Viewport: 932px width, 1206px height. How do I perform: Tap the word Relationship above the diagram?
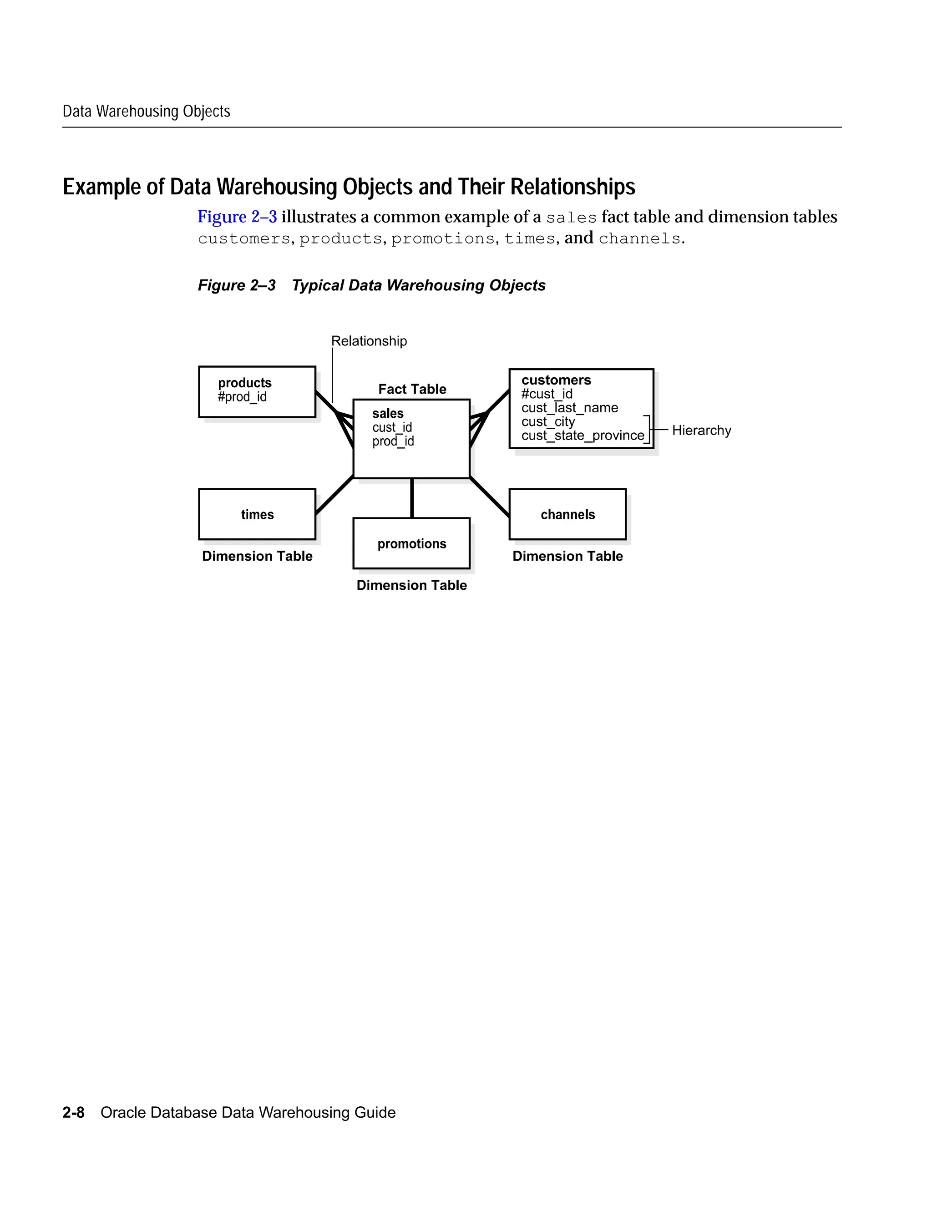click(x=369, y=341)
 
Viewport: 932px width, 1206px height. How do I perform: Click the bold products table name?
click(x=244, y=383)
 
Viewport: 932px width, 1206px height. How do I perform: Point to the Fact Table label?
click(x=412, y=389)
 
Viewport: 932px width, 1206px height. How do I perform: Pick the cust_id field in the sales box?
click(x=392, y=427)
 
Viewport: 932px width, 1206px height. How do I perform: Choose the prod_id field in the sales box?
click(x=393, y=441)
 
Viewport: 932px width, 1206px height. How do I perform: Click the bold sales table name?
click(x=388, y=414)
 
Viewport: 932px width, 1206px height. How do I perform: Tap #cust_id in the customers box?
click(x=547, y=394)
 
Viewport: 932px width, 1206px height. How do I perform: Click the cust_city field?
click(x=548, y=421)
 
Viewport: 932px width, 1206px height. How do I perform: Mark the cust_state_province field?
click(x=582, y=435)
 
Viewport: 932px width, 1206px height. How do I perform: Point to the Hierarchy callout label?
click(x=701, y=430)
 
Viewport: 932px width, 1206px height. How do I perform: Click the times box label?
click(x=257, y=515)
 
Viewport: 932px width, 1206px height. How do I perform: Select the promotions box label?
click(x=412, y=544)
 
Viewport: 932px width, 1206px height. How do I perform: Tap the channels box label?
click(x=567, y=515)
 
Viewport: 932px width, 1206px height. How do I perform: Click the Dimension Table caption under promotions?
click(x=412, y=585)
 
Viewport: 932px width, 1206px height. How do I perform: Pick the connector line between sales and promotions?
click(x=412, y=498)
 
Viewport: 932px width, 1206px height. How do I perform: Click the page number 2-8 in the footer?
click(x=73, y=1112)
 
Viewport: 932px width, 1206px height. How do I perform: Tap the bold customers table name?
click(x=556, y=380)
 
